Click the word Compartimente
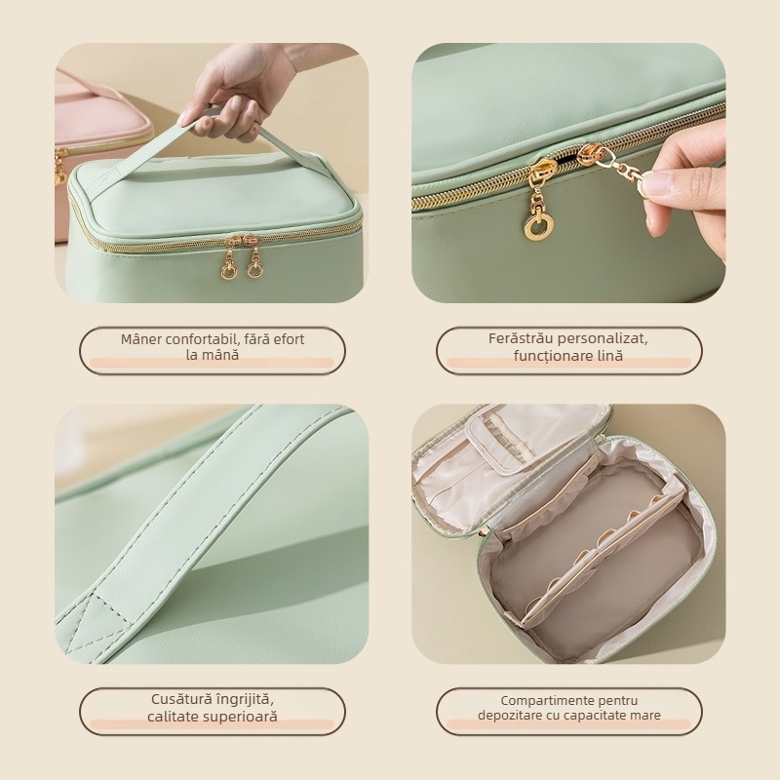(541, 701)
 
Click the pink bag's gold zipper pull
(60, 168)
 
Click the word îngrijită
(247, 699)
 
